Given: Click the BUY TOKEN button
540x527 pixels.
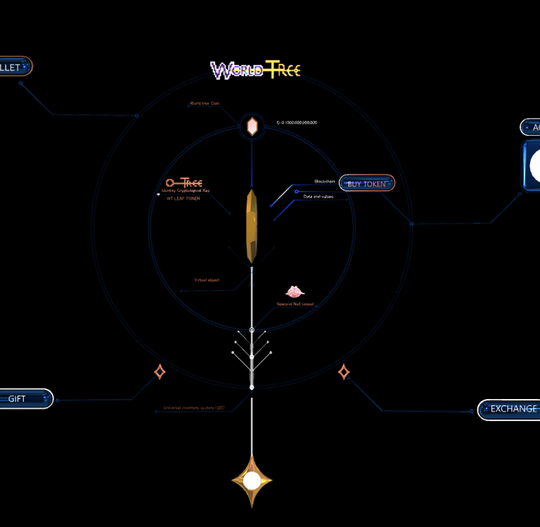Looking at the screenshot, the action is tap(367, 183).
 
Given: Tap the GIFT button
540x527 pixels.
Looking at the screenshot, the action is tap(25, 398).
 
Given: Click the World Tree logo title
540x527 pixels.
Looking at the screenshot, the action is tap(256, 70).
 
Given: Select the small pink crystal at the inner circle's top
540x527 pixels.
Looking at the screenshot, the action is tap(252, 126).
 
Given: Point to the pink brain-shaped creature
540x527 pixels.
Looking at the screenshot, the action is tap(295, 292).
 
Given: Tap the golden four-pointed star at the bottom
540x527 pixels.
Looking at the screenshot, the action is tap(252, 481).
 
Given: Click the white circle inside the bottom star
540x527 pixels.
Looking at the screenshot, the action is tap(252, 481).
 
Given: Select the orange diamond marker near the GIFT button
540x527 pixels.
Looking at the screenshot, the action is tap(160, 372).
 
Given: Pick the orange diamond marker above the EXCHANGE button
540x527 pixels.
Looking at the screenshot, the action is tap(344, 372).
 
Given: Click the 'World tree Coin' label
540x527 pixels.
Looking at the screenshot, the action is tap(205, 103).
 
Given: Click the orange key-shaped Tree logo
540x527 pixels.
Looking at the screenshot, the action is tap(184, 182).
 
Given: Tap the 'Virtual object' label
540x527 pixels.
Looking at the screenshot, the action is tap(207, 280).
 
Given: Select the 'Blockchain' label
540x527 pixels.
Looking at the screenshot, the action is tap(325, 181).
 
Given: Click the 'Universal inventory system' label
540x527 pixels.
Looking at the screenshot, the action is tap(194, 408).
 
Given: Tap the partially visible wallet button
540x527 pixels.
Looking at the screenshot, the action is tap(14, 67).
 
